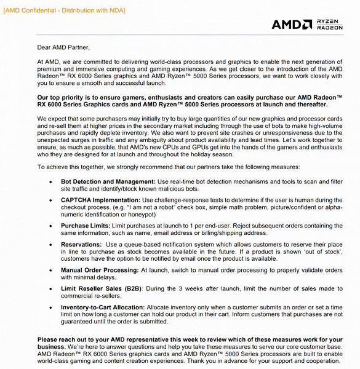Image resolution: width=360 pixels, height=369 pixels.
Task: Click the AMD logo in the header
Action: [x=292, y=25]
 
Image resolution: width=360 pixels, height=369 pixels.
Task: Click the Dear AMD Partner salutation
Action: [x=63, y=47]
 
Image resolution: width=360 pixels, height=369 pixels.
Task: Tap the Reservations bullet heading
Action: [x=82, y=244]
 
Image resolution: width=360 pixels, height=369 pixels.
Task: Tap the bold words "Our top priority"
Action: [x=62, y=98]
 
